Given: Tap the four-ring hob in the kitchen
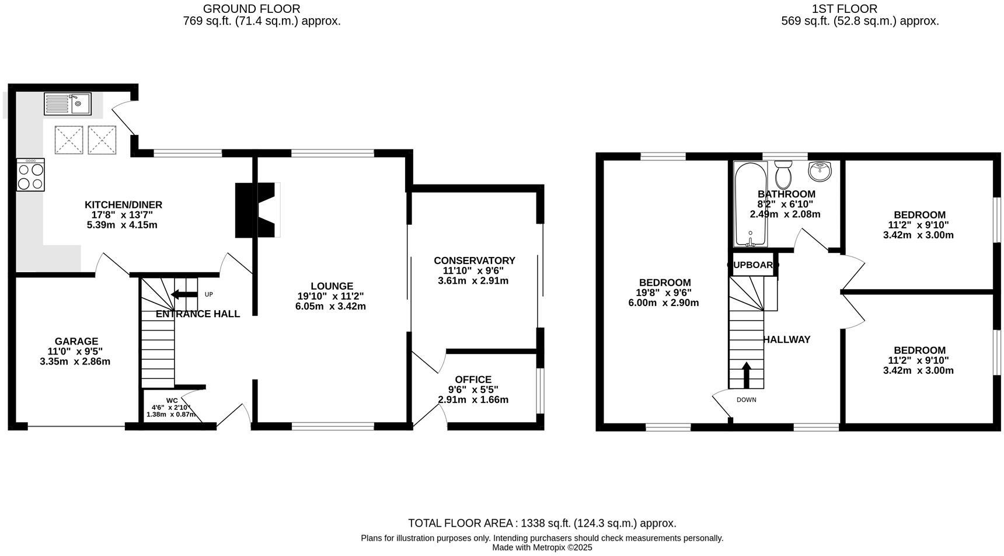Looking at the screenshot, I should pos(31,175).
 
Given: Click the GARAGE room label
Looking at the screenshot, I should pos(76,341).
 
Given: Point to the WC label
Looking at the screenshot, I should pos(172,400).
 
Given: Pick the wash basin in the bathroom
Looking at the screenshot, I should pos(821,171).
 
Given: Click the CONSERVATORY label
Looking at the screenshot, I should pos(474,260).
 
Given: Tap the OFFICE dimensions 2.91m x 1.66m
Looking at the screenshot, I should pos(473,400).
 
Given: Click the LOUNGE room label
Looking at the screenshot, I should pos(332,286).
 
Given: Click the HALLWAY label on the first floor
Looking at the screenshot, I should pos(786,339).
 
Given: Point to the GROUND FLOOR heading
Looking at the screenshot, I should pos(252,9).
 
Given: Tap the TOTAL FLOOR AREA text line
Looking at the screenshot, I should pos(542,523).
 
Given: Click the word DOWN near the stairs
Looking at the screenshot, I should pos(746,400).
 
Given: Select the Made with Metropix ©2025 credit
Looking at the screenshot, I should pos(542,547).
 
